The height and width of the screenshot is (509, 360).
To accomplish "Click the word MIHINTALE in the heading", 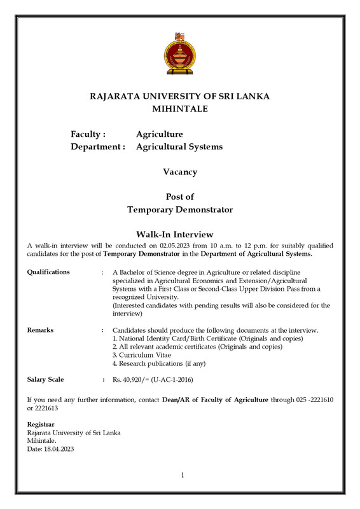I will click(x=180, y=109).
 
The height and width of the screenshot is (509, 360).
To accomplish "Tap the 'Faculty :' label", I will click(x=88, y=134).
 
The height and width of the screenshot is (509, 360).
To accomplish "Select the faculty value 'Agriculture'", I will click(x=159, y=134).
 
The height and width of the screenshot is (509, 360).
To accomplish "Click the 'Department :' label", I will click(x=97, y=147).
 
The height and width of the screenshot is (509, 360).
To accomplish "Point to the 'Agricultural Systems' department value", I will click(x=179, y=147).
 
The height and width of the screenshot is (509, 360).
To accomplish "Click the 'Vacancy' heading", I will click(x=180, y=172).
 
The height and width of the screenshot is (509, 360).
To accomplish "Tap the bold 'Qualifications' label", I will click(x=48, y=272).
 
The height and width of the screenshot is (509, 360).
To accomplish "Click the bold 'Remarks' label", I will click(x=40, y=330).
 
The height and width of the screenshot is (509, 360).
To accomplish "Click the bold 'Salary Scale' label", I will click(x=45, y=380).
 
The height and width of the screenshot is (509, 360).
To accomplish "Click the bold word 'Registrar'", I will click(x=41, y=424).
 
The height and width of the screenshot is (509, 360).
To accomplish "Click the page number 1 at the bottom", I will click(x=181, y=475).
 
